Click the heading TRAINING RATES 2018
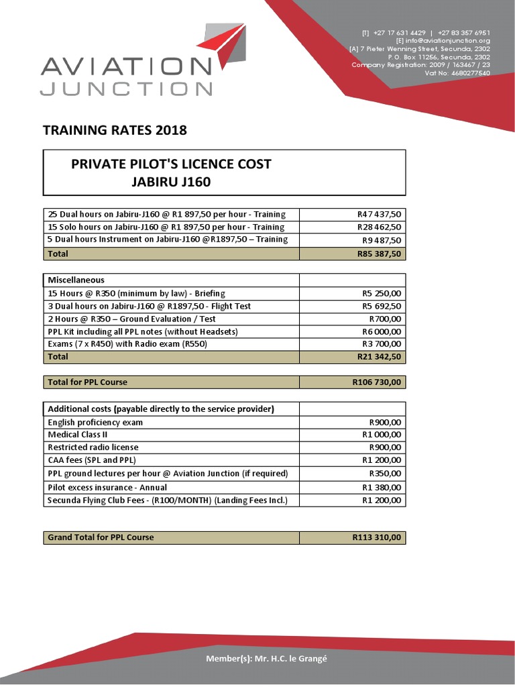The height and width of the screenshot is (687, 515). click(115, 130)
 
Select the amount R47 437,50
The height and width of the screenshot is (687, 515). click(379, 214)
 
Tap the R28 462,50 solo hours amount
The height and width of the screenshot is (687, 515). click(379, 227)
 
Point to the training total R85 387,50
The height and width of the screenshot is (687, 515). click(379, 254)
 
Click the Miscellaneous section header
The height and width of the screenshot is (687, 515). click(76, 280)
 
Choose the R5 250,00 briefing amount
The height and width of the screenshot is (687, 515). click(382, 293)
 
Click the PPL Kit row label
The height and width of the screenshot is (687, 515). click(143, 331)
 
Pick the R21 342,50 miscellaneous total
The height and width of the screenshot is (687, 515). click(379, 357)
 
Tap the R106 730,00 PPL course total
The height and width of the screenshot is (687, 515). click(376, 382)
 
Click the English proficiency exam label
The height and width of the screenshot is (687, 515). click(95, 422)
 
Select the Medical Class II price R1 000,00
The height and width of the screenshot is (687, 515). click(382, 435)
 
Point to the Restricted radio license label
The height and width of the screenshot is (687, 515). click(93, 447)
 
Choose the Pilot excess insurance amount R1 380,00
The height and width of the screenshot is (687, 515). click(382, 487)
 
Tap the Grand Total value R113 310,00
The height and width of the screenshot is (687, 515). click(376, 537)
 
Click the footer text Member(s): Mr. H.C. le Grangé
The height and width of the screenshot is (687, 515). click(266, 658)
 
